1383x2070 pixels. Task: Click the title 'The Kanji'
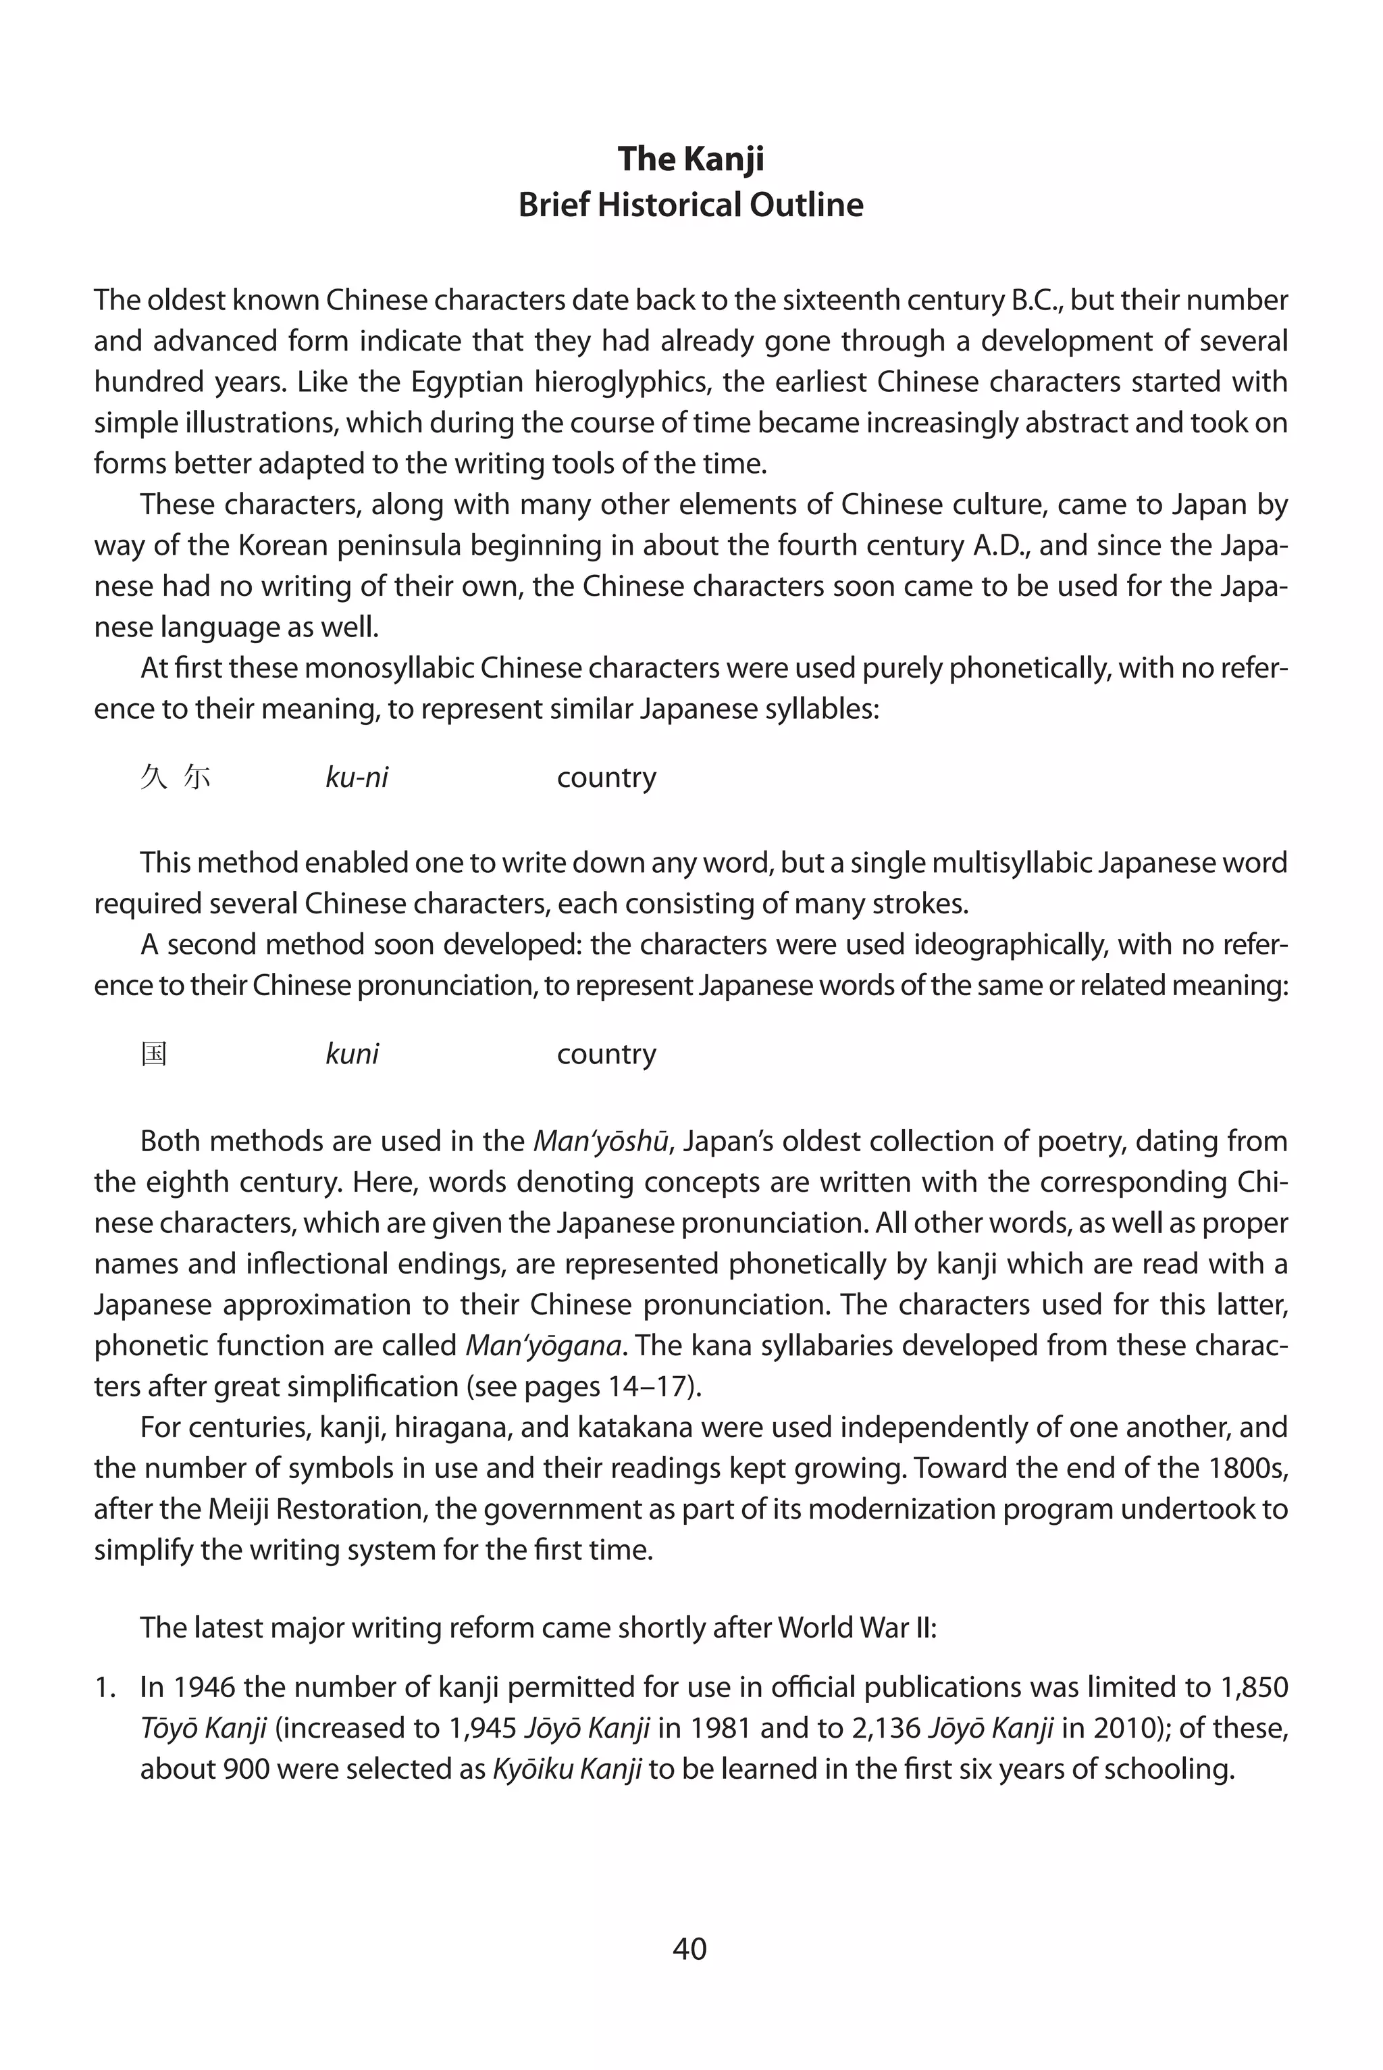pos(691,159)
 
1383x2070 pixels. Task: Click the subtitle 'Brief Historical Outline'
pos(691,205)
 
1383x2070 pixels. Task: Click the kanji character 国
pos(155,1053)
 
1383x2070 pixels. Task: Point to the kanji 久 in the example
pos(153,778)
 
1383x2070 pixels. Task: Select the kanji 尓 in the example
pos(197,778)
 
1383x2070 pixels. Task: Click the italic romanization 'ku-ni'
pos(357,778)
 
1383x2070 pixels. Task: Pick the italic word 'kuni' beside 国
pos(352,1053)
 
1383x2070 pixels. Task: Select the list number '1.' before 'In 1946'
pos(106,1687)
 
